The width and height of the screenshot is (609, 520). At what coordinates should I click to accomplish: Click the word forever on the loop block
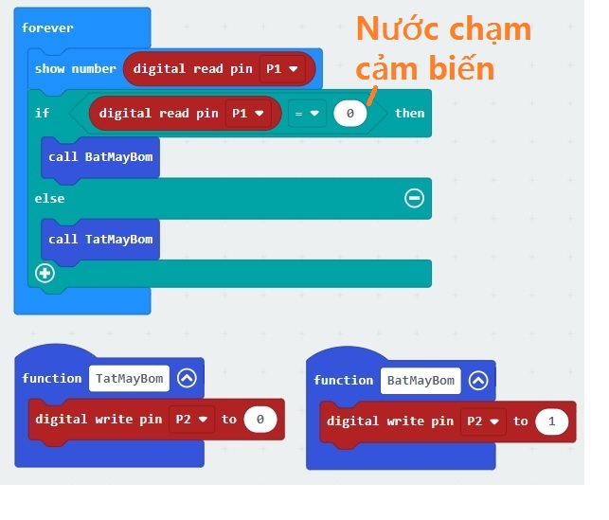point(47,27)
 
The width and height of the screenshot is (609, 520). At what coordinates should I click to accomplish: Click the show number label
point(75,69)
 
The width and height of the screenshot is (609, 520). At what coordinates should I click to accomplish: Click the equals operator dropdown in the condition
point(305,114)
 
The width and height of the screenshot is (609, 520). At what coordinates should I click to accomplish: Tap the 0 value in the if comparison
point(349,114)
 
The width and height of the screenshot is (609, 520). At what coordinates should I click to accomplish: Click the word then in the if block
point(409,114)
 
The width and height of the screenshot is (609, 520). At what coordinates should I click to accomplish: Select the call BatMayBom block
point(99,156)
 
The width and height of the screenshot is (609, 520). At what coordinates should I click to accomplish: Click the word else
point(49,198)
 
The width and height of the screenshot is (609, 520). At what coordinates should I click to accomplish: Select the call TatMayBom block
point(99,239)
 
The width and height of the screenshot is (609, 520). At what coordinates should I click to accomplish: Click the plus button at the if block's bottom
point(44,273)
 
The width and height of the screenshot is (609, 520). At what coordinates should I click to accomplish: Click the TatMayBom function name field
point(130,379)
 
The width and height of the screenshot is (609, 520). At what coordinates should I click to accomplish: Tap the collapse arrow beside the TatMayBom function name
point(187,379)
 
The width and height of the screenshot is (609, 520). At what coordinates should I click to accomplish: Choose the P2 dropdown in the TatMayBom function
point(190,420)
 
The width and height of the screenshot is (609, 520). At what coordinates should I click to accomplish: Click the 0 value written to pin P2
point(260,420)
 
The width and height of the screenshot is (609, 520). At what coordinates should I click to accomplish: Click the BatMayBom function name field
point(421,381)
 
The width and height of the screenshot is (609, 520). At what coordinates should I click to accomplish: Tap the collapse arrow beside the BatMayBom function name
point(478,381)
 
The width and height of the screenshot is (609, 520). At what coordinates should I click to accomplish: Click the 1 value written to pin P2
point(550,421)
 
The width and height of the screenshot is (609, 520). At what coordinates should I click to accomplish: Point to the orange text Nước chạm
point(442,30)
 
